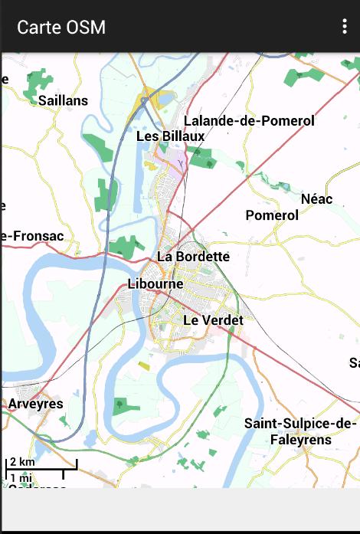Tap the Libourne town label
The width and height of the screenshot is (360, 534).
coord(155,283)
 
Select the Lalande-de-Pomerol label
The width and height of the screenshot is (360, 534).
coord(249,121)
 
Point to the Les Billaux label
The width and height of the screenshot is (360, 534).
coord(170,136)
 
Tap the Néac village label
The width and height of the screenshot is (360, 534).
coord(316,199)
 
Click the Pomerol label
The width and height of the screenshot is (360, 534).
coord(272,215)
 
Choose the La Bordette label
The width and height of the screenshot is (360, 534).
coord(193,256)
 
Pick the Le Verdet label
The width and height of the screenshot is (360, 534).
coord(213,319)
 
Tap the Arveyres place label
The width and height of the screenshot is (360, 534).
coord(35,403)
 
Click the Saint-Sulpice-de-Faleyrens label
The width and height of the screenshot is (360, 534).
coord(300,431)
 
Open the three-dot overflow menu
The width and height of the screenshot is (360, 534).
coord(345,27)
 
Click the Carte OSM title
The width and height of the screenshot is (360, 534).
coord(61,28)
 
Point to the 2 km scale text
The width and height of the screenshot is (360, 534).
coord(22,462)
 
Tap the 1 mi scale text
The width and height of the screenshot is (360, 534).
coord(21,477)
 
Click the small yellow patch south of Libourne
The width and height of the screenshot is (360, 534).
coord(144,365)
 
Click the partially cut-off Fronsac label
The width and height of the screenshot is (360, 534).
coord(32,236)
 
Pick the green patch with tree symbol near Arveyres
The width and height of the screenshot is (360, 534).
coord(119,404)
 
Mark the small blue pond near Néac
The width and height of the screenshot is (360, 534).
coord(284,186)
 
